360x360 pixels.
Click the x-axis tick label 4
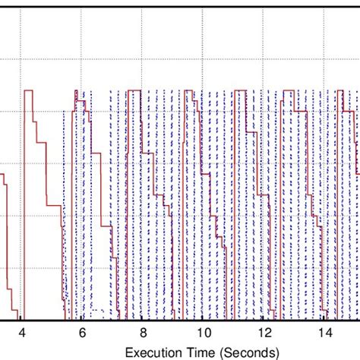(x=21, y=333)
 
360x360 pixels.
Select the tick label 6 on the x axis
(x=82, y=333)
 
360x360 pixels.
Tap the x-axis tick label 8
(x=143, y=333)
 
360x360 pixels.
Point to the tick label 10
(x=203, y=333)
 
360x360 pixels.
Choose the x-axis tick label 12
(x=264, y=333)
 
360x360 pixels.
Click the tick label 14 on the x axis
(x=324, y=333)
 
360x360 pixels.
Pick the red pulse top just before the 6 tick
(x=77, y=91)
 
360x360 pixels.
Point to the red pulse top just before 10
(x=188, y=91)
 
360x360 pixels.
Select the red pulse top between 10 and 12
(x=240, y=91)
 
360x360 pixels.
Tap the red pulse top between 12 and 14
(x=288, y=91)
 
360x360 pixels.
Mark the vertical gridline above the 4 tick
(x=21, y=46)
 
